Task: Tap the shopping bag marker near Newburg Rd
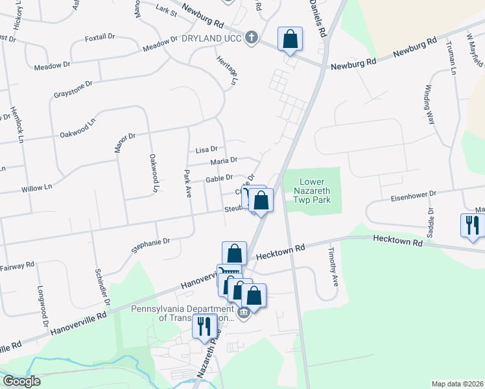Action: click(290, 39)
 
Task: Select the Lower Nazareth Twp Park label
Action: click(316, 191)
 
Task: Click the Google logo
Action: click(21, 381)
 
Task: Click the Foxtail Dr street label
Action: click(104, 39)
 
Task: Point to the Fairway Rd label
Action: click(17, 266)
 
